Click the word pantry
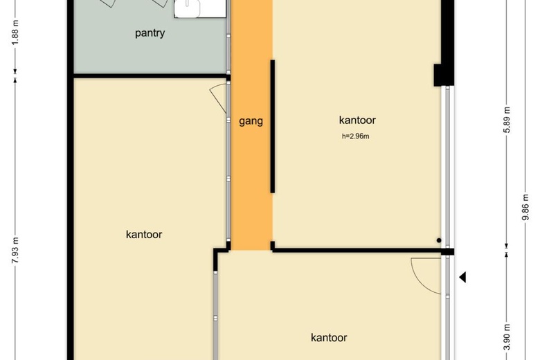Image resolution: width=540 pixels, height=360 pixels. pos(150,33)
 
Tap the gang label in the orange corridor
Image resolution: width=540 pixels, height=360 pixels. pos(251,121)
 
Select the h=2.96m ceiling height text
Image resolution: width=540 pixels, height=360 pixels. pos(355,136)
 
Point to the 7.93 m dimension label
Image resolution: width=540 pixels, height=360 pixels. pos(15,251)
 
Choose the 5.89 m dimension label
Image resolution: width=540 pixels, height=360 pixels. pos(507,120)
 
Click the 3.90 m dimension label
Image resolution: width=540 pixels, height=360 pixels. pos(507,337)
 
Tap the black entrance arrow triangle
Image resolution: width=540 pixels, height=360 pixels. pos(462,277)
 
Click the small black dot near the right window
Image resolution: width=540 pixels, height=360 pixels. pos(439,240)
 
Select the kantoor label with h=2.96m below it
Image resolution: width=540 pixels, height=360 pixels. pos(357,120)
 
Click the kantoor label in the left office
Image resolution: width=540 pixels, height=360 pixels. pos(144,235)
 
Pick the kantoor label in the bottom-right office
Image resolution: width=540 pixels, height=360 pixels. pos(329,338)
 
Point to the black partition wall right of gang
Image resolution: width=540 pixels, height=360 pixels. pos(272,127)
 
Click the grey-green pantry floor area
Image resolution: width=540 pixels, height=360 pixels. pos(150,52)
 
